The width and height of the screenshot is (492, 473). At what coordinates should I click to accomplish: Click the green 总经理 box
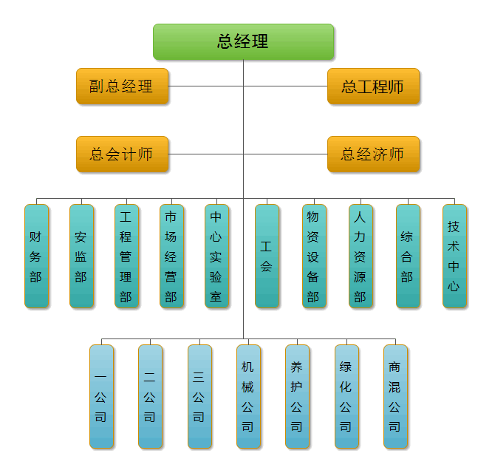(243, 41)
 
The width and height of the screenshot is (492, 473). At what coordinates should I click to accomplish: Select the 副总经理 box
(122, 86)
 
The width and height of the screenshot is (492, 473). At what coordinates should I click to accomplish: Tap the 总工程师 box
(373, 86)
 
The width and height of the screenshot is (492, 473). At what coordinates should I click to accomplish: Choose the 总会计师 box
(122, 154)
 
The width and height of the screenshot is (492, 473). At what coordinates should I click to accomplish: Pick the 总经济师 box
(373, 154)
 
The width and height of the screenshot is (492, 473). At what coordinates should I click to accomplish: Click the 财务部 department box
(36, 256)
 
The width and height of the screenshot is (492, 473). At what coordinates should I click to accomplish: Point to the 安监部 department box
(81, 256)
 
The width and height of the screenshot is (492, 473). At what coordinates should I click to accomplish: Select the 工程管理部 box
(126, 256)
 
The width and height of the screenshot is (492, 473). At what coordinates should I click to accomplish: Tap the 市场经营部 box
(171, 256)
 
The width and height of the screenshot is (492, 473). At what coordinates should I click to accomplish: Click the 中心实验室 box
(216, 256)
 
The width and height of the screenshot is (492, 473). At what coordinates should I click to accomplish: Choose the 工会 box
(267, 256)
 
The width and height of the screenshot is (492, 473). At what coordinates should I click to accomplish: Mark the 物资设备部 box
(314, 256)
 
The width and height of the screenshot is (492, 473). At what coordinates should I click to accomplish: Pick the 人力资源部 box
(361, 256)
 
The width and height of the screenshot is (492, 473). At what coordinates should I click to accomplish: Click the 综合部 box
(408, 256)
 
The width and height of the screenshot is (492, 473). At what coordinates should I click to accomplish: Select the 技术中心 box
(454, 256)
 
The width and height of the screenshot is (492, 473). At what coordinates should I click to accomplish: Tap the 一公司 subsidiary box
(102, 396)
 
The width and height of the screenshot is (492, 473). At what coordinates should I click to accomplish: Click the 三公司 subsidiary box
(199, 396)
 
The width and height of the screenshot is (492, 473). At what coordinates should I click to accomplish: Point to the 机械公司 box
(248, 396)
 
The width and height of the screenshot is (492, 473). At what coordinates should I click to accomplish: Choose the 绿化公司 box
(346, 396)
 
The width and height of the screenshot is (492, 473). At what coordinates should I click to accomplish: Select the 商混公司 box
(395, 396)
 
